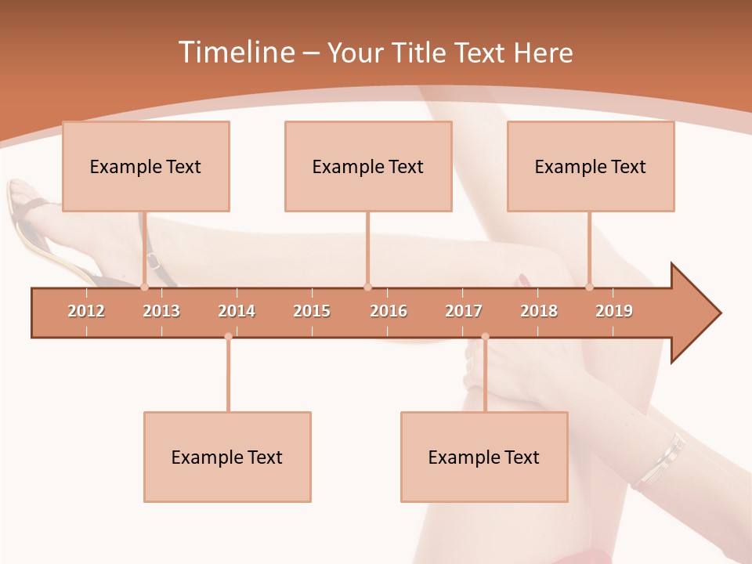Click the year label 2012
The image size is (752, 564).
click(x=86, y=311)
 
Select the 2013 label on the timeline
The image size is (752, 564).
click(x=161, y=311)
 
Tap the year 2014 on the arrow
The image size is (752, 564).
click(x=237, y=311)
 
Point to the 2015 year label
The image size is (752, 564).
click(x=312, y=311)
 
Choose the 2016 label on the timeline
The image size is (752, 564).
click(x=389, y=311)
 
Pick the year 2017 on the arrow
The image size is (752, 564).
click(x=464, y=311)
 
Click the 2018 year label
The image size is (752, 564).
click(x=539, y=311)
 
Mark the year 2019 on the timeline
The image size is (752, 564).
click(x=614, y=311)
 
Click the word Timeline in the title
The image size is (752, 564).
click(x=235, y=52)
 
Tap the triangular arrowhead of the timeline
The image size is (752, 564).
click(x=694, y=313)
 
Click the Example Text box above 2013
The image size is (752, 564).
click(x=146, y=166)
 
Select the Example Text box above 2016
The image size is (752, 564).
click(x=368, y=166)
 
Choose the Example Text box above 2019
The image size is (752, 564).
click(x=591, y=166)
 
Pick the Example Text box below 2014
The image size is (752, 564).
click(x=227, y=457)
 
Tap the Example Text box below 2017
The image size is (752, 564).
click(x=484, y=457)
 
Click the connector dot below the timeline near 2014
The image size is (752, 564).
click(x=228, y=337)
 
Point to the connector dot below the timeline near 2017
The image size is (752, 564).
click(x=485, y=337)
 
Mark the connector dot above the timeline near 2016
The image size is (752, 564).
click(x=367, y=287)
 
